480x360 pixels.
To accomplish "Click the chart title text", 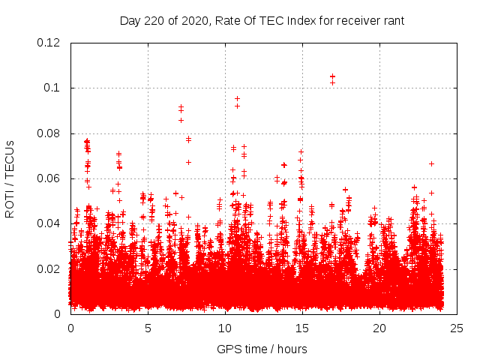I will click(x=262, y=20).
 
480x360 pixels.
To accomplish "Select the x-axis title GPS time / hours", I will click(x=262, y=349).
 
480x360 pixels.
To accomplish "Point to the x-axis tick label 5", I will click(x=148, y=328).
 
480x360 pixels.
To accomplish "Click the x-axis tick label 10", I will click(x=225, y=328).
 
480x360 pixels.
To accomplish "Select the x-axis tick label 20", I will click(x=379, y=328).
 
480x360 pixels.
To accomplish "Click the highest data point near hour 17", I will click(x=332, y=76).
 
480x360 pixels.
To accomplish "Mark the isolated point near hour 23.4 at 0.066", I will click(x=431, y=163).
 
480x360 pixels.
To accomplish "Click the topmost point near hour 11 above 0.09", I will click(x=237, y=98).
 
